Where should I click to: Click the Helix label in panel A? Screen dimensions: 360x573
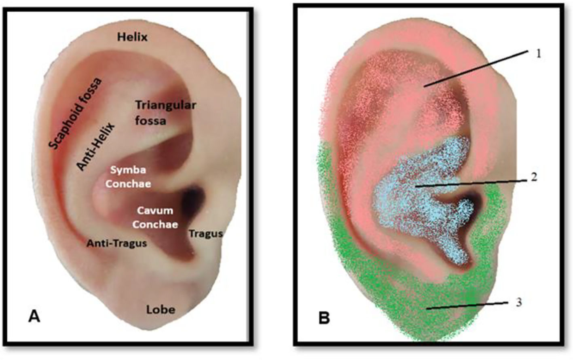(x=132, y=38)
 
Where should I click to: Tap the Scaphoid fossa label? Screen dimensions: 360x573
(x=76, y=113)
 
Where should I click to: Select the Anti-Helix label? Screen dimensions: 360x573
(x=96, y=146)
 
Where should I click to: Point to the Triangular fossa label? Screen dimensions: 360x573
(x=165, y=113)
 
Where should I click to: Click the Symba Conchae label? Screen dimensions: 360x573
(x=128, y=177)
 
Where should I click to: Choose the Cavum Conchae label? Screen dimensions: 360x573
(x=155, y=217)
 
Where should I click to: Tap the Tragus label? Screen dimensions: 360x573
(x=206, y=234)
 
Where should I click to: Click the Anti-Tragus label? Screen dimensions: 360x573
(x=117, y=244)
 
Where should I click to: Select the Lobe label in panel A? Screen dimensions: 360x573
(x=161, y=310)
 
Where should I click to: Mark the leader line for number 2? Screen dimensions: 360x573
(x=469, y=182)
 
